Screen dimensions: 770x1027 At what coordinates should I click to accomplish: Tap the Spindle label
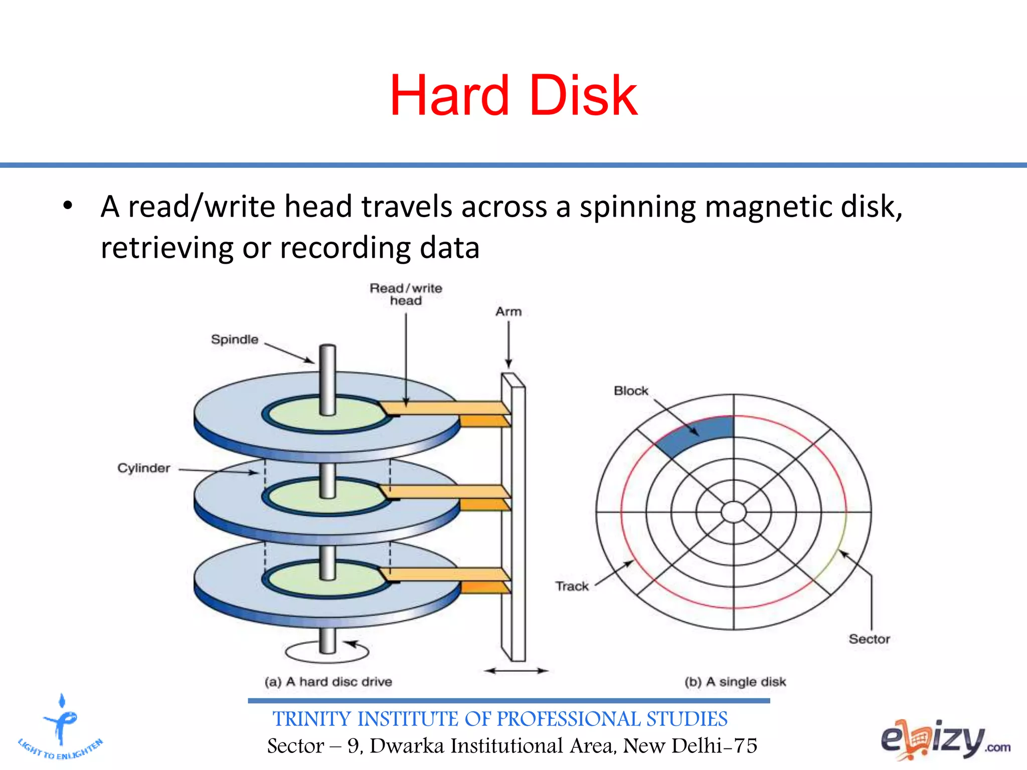(234, 339)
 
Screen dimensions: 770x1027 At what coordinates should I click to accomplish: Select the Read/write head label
(406, 294)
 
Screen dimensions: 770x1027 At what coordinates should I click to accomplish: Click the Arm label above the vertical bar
(508, 311)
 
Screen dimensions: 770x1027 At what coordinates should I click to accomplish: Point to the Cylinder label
(143, 468)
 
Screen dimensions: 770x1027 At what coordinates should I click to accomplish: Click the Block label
(631, 391)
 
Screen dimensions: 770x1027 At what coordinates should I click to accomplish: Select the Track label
(572, 586)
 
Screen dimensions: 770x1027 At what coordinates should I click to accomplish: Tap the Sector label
(869, 639)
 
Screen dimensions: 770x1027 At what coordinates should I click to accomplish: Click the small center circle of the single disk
(734, 512)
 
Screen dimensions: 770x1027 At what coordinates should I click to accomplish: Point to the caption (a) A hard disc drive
(328, 682)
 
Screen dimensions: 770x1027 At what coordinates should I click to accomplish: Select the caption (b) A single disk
(735, 682)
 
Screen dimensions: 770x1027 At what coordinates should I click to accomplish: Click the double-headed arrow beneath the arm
(516, 670)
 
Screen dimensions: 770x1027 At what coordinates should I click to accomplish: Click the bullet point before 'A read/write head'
(68, 206)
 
